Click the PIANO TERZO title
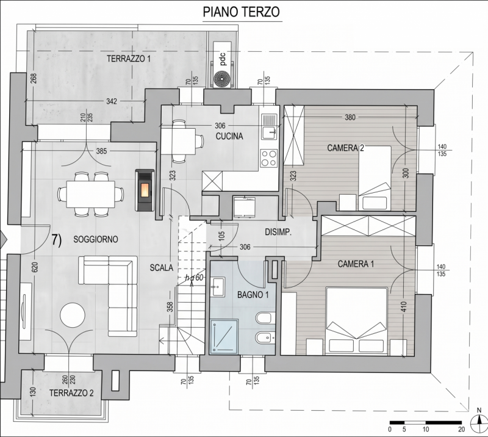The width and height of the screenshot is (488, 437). point(241,12)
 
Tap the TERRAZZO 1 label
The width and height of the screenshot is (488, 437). point(129,59)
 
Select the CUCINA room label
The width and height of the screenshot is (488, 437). point(229,136)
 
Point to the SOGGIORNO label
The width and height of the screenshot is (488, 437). point(96,239)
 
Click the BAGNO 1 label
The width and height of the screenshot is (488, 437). point(253,294)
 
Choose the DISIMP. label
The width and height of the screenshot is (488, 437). point(278,232)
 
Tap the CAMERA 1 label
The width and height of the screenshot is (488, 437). point(356,264)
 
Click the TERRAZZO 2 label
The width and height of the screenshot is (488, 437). point(71,393)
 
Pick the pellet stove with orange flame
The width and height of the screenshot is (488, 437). point(145,190)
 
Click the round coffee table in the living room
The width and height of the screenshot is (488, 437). point(73,314)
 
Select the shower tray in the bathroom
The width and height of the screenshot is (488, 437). point(224,336)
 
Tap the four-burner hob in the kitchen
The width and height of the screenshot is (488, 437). point(269,158)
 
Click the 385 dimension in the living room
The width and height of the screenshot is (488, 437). point(101,151)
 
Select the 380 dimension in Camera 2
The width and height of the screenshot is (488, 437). point(350,117)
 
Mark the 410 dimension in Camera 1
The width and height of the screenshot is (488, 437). point(404,307)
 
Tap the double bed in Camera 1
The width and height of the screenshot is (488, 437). point(356,321)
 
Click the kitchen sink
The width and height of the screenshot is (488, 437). point(269,127)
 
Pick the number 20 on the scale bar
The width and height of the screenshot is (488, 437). point(461,429)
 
